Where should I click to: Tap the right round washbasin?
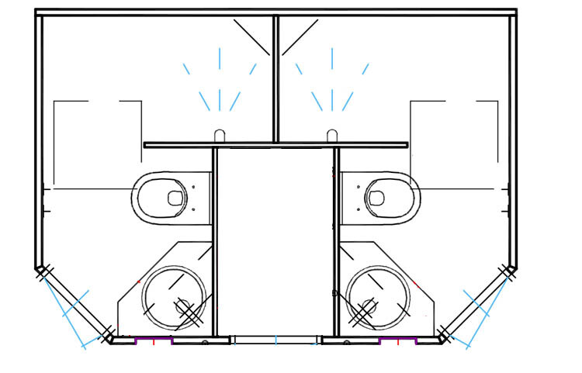(x=379, y=299)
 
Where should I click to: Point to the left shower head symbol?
(x=220, y=135)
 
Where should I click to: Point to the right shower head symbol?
(x=332, y=135)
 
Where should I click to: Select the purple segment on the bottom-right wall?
(x=398, y=340)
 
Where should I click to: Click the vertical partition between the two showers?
(x=275, y=78)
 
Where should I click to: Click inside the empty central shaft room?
(x=275, y=240)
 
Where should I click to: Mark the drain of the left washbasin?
(x=186, y=308)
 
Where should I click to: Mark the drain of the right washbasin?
(x=366, y=308)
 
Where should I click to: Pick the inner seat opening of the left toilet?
(x=175, y=198)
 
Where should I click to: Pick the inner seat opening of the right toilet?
(x=376, y=198)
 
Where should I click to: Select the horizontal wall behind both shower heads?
(x=275, y=144)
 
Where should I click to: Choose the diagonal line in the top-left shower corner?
(x=251, y=37)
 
